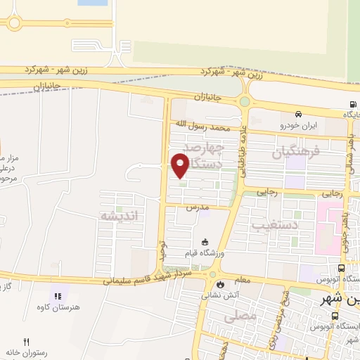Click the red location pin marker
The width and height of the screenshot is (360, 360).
pos(180,165)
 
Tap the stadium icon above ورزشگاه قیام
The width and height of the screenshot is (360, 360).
pos(204,241)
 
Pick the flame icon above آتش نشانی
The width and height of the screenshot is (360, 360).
pos(222,285)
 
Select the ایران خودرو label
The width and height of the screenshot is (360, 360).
pos(300,125)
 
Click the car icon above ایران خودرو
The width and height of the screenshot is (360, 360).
pos(300,115)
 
